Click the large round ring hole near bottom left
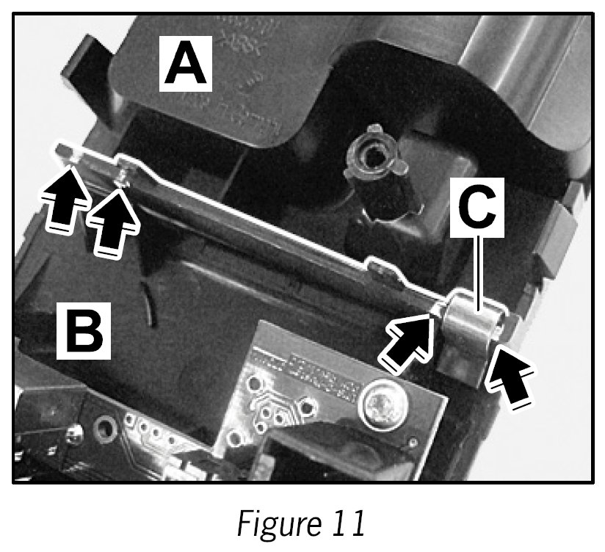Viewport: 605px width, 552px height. tap(103, 426)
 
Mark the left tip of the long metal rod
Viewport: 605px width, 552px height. tap(63, 150)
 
